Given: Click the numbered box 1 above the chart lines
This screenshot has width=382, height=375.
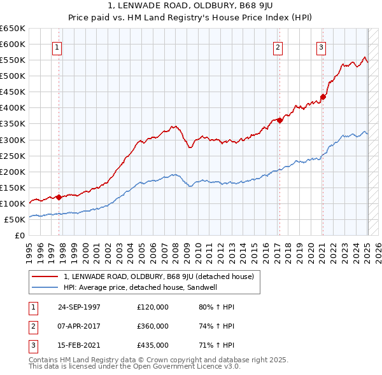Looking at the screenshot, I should tap(57, 46).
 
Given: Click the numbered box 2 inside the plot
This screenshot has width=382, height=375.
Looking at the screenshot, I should tap(278, 46).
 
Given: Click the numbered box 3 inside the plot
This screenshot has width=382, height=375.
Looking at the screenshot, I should tap(322, 46).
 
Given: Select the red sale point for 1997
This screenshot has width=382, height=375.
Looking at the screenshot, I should tap(59, 197).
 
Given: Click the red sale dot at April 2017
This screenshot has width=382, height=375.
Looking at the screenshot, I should tap(279, 120).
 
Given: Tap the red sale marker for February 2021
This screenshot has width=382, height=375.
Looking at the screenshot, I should tap(323, 97).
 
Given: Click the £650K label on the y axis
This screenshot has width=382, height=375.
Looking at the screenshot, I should tap(13, 29).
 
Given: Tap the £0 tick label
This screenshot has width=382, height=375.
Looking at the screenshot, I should tap(19, 235).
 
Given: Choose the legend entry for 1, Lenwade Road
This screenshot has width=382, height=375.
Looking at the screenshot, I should tap(159, 276).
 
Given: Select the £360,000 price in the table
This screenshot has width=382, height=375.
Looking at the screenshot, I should tap(153, 326).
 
